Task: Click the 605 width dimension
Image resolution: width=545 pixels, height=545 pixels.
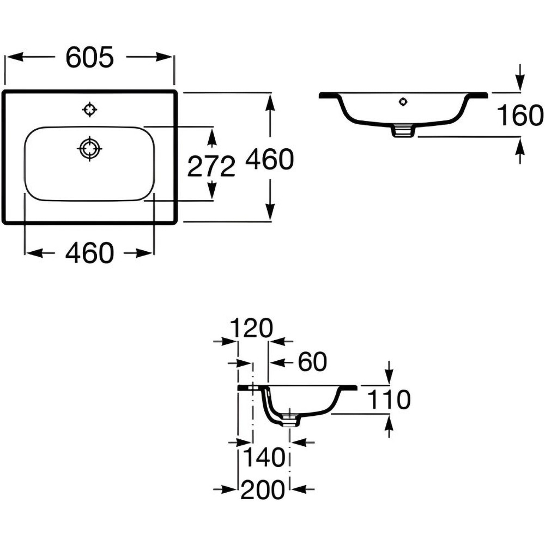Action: tap(90, 57)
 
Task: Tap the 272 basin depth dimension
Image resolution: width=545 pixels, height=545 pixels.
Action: tap(211, 166)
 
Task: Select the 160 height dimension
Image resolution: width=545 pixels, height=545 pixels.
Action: tap(520, 115)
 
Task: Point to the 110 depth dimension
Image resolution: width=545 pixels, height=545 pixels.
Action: tap(389, 399)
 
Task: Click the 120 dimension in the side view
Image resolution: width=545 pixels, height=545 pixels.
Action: tap(252, 328)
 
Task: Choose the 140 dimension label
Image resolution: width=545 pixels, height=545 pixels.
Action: tap(264, 457)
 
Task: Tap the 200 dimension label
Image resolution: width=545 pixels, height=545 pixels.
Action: tap(263, 489)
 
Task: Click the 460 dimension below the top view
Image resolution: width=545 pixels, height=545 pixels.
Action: tap(90, 253)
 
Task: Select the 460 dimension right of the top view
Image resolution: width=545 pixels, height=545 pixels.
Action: tap(270, 159)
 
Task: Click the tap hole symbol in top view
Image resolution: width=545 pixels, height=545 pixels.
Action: tap(90, 110)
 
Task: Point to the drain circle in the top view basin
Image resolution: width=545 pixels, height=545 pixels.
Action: tap(90, 149)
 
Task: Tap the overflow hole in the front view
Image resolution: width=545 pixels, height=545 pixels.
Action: tap(403, 102)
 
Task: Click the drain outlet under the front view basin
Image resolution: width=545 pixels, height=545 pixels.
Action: tap(403, 130)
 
